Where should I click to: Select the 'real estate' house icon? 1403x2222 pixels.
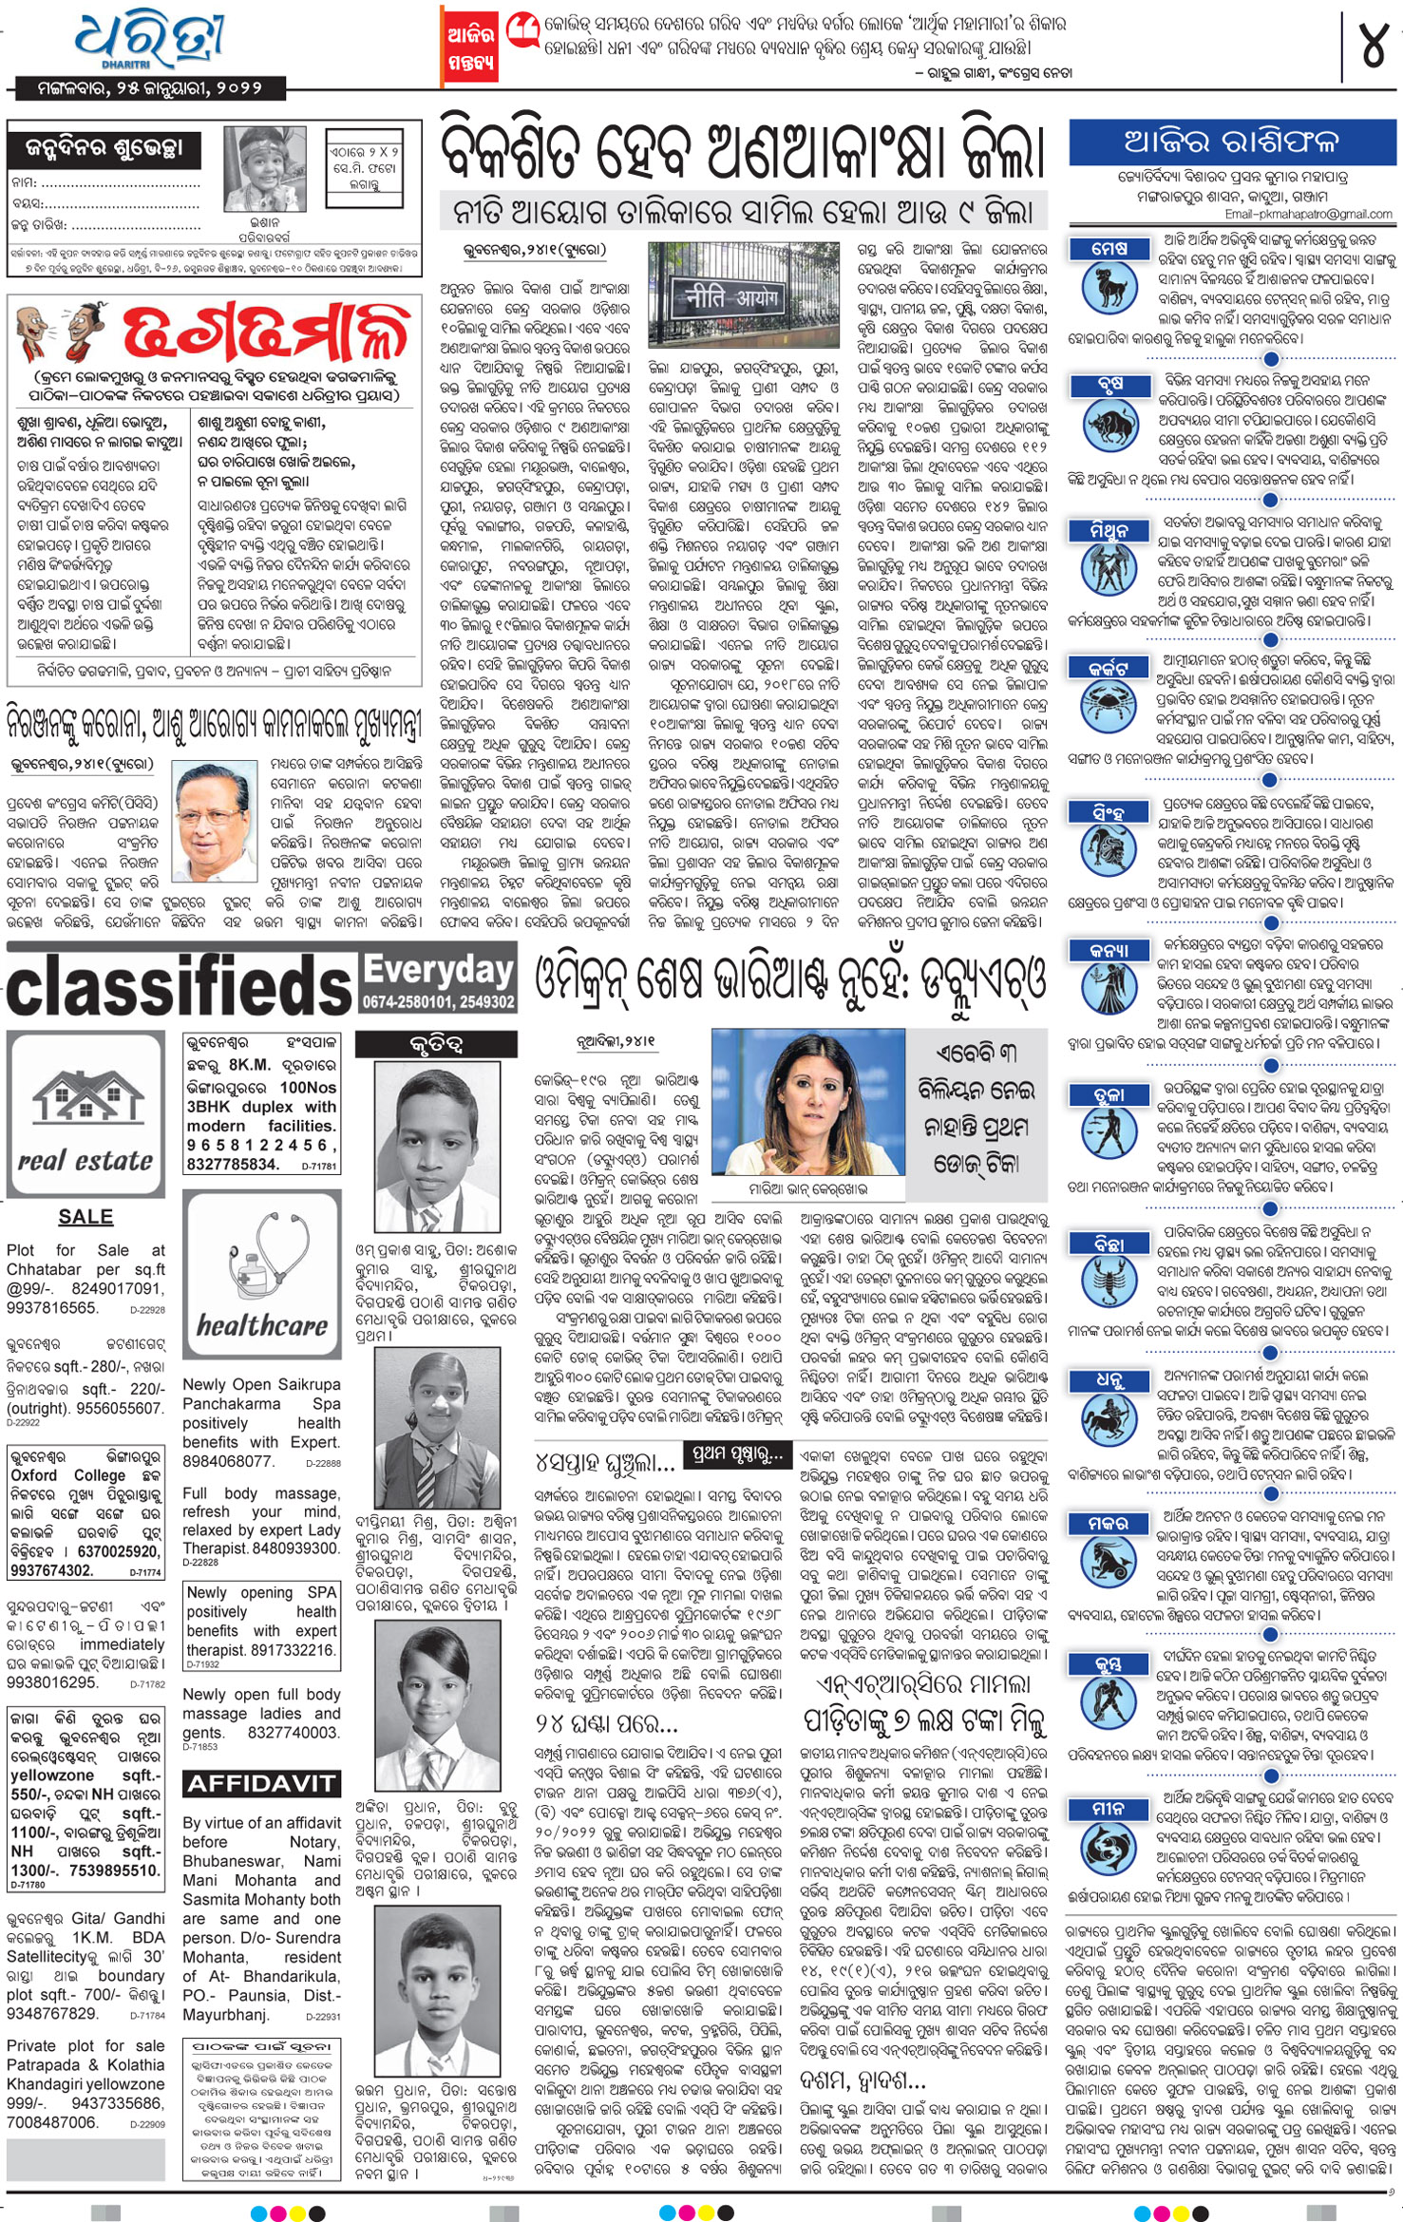coord(85,1101)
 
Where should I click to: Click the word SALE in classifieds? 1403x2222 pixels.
coord(85,1217)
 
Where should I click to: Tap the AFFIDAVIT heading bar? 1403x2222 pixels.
coord(260,1783)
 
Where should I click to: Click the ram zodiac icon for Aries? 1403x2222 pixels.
coord(1109,288)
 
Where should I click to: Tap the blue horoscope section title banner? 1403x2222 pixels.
coord(1231,142)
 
